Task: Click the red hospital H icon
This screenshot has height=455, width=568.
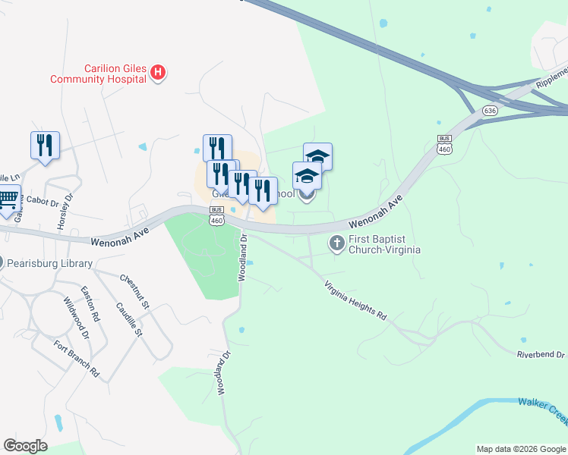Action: [158, 73]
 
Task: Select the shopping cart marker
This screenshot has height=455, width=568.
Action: [7, 199]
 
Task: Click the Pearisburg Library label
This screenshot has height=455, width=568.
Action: [50, 264]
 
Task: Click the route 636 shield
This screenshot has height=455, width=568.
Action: [490, 111]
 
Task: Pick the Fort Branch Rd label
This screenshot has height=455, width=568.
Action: [77, 359]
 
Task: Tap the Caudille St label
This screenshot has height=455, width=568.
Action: [129, 319]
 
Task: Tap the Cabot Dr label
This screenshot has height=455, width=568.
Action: [43, 200]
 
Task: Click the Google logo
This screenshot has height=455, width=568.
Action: [26, 446]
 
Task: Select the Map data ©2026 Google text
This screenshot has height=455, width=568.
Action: [521, 449]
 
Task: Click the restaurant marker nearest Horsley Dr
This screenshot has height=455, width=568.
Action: [45, 145]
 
